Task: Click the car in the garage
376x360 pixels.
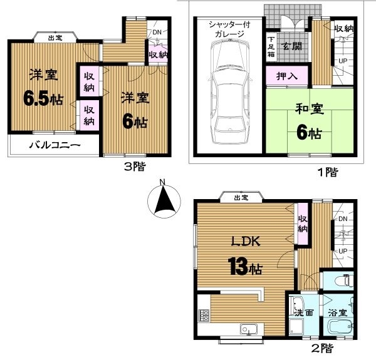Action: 230,92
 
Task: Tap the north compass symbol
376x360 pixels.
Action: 164,200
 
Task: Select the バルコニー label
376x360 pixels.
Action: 55,145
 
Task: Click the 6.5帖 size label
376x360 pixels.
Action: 43,99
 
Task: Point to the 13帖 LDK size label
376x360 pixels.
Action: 246,267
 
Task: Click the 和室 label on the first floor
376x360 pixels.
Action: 310,109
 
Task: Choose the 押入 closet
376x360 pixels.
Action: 287,76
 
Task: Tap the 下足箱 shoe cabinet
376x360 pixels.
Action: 271,47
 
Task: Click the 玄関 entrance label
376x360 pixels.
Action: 292,46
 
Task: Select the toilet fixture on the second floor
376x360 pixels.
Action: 349,280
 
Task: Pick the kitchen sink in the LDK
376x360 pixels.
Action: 249,329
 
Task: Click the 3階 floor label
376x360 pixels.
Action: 135,167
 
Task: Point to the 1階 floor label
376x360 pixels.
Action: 328,172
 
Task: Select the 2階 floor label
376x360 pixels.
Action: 322,348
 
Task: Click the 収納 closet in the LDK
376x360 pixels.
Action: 303,224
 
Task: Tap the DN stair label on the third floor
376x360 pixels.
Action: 157,32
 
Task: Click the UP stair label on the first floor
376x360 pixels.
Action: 343,61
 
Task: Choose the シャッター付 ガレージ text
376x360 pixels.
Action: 229,29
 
